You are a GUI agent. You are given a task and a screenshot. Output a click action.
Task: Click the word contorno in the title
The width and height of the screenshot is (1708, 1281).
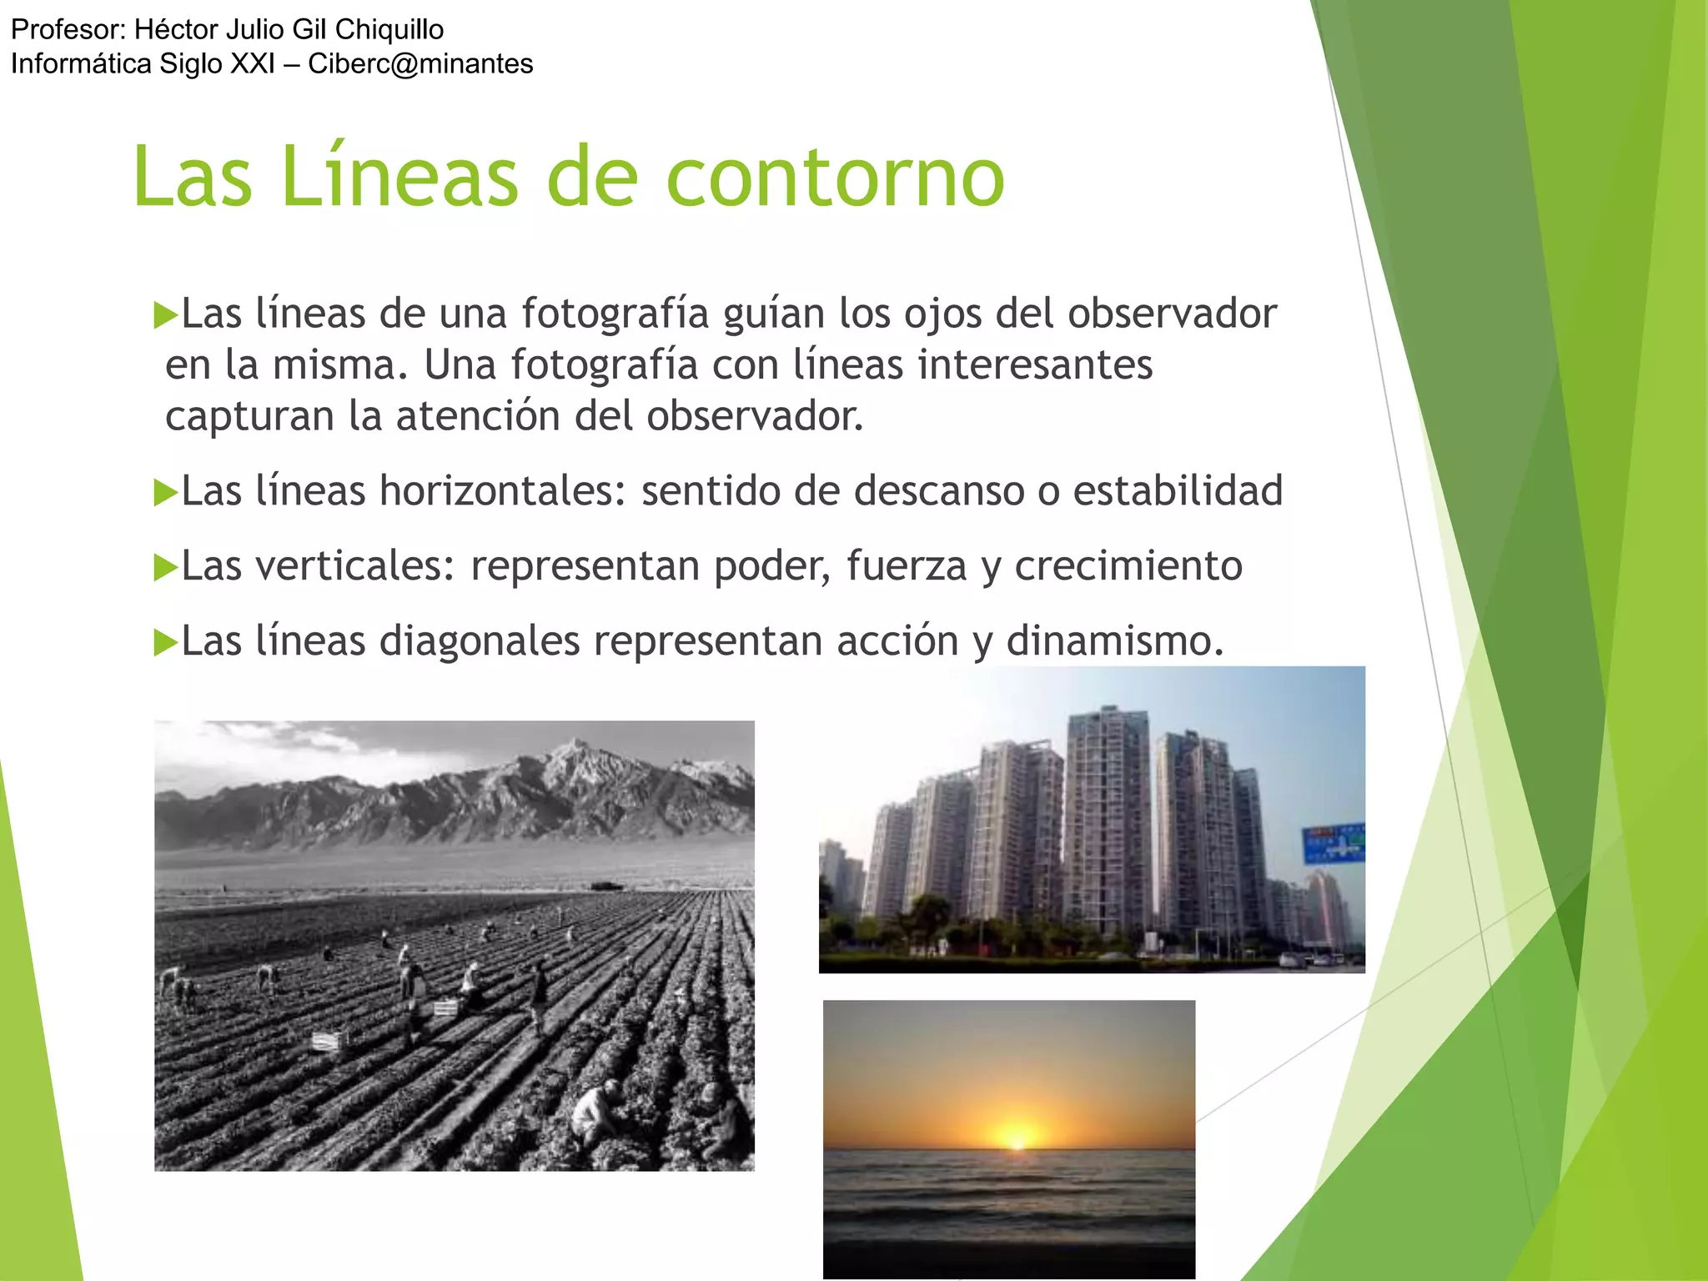(x=835, y=177)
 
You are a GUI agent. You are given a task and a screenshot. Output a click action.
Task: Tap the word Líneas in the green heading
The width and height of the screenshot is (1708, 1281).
(x=399, y=177)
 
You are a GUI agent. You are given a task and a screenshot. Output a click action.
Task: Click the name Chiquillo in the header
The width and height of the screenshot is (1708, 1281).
(x=389, y=29)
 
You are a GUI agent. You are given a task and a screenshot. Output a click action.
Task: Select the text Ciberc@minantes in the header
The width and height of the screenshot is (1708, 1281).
(x=420, y=63)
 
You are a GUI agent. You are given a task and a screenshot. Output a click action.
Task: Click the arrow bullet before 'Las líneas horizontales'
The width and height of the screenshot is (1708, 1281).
(x=166, y=492)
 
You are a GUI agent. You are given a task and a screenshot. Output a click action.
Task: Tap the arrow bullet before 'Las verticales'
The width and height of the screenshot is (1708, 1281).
(x=166, y=567)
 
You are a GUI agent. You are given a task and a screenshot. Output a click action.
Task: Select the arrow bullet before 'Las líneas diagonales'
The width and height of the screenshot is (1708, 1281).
(x=166, y=642)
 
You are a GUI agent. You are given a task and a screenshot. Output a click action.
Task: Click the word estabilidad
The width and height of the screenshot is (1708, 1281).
(x=1178, y=490)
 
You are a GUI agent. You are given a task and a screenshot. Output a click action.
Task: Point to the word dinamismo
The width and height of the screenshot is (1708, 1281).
(x=1114, y=640)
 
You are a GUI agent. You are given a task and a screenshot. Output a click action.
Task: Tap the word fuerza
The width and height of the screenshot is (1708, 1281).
(x=906, y=565)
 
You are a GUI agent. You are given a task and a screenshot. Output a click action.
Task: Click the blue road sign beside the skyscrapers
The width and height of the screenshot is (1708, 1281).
(x=1334, y=842)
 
